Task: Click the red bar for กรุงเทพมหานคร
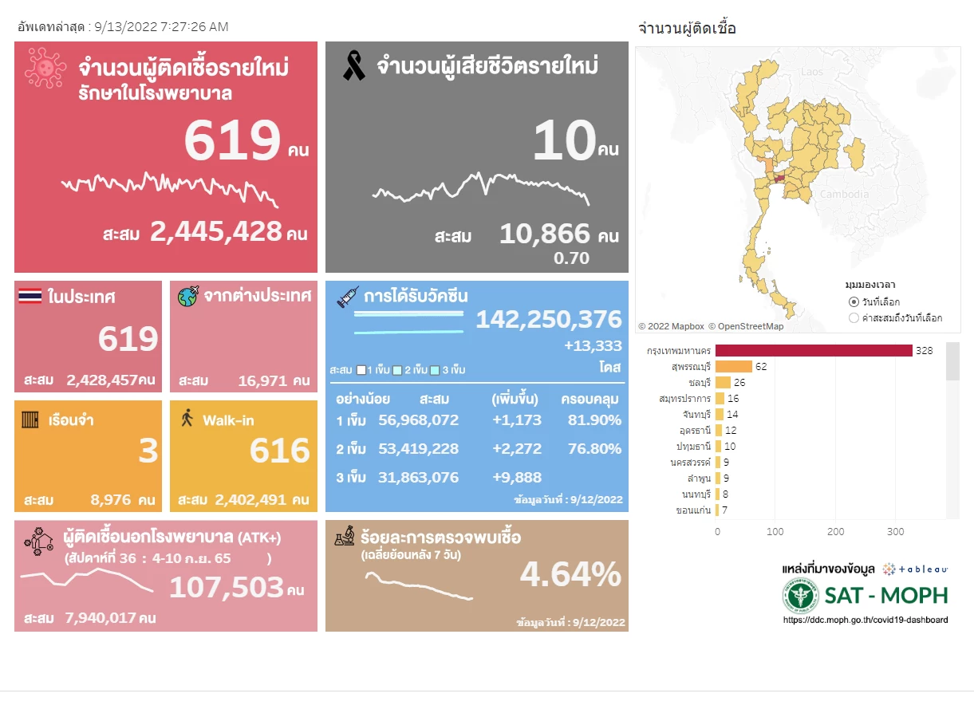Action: [814, 351]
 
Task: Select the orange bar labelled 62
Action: [734, 367]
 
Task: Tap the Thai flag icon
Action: [30, 297]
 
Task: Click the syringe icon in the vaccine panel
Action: [348, 297]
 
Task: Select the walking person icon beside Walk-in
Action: [188, 418]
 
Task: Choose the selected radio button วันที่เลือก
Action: [854, 302]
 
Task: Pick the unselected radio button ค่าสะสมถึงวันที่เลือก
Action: [854, 317]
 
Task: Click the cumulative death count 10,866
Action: [545, 234]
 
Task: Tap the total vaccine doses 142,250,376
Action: [549, 319]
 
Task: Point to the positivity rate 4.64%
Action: [570, 573]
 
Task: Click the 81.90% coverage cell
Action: [593, 420]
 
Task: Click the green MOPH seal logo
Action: [800, 594]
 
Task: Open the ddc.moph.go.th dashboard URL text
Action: [866, 620]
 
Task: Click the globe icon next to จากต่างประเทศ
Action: [188, 297]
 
